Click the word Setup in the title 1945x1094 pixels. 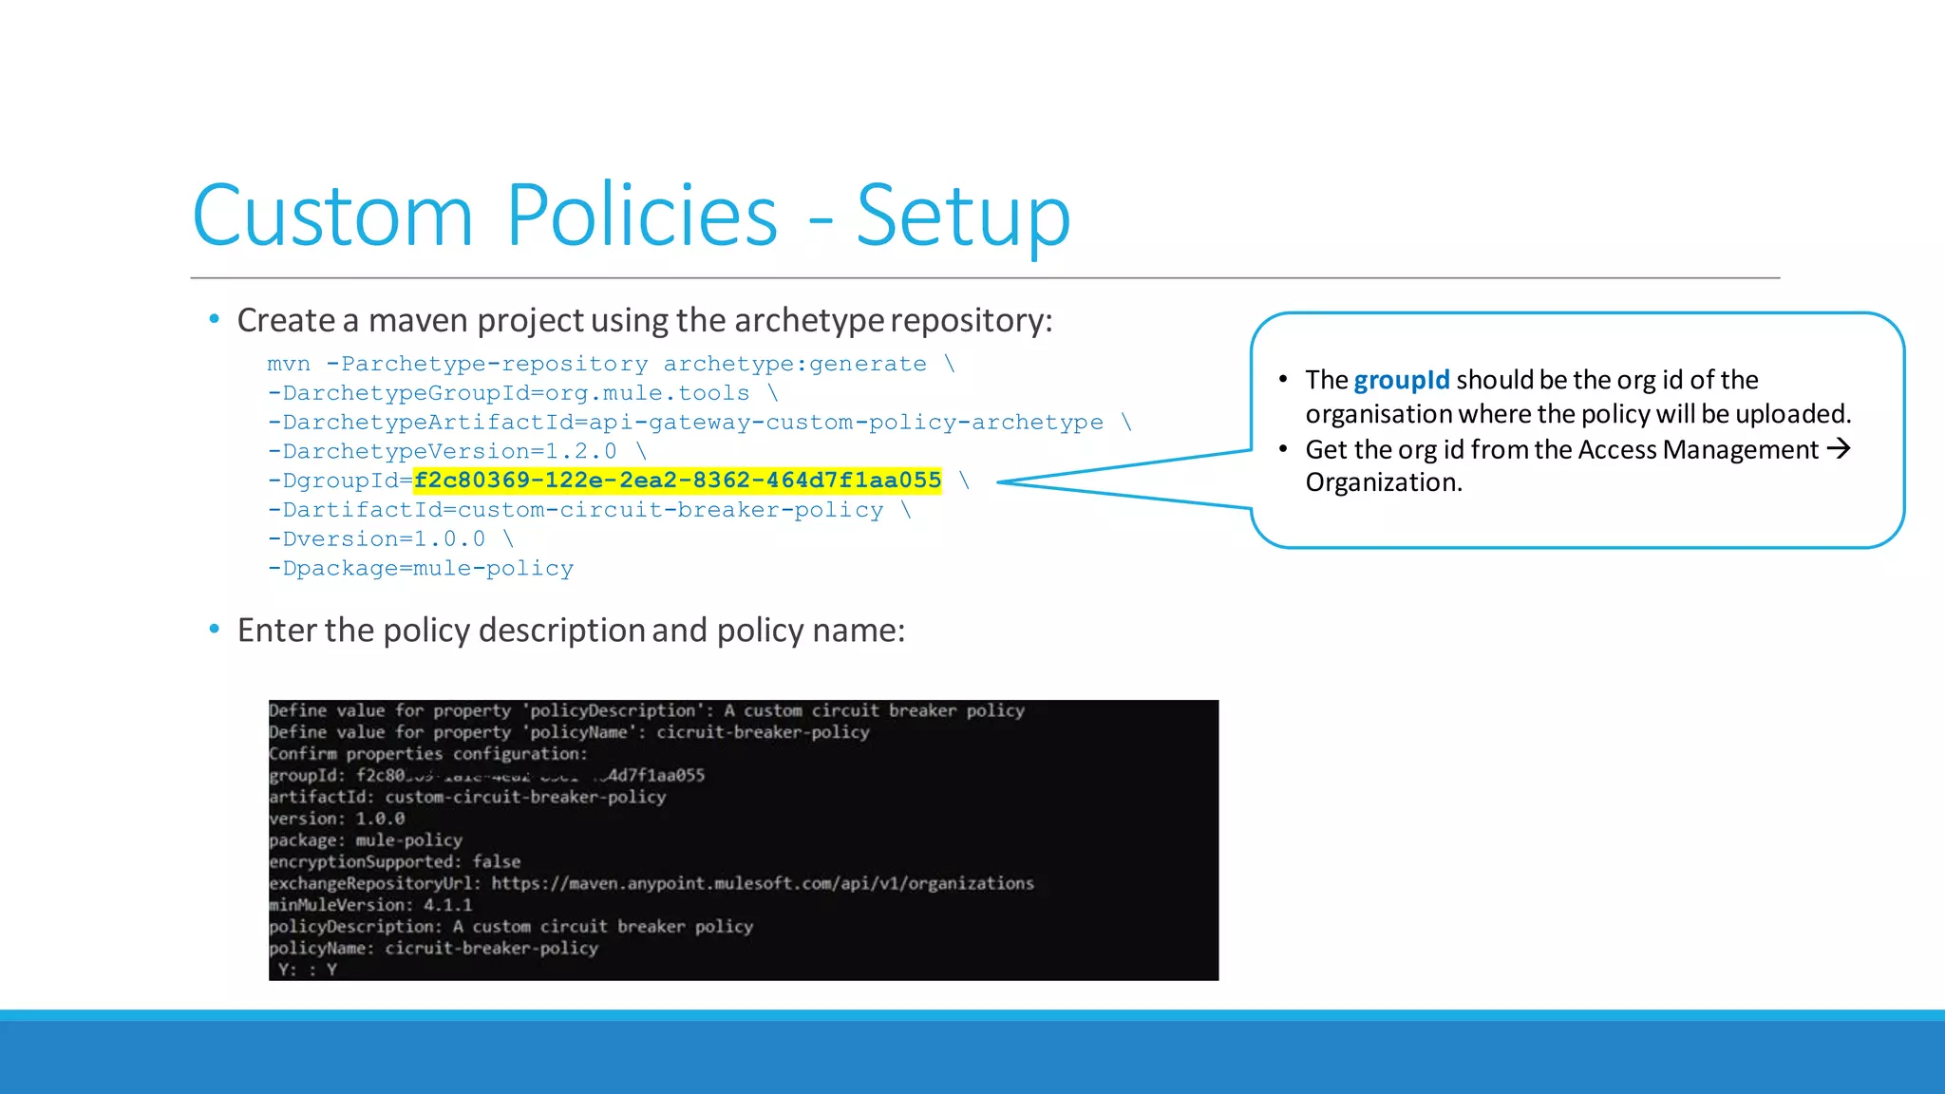click(963, 217)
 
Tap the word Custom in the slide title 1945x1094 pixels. click(332, 217)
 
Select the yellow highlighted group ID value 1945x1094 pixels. click(677, 481)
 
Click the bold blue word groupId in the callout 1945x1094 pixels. click(1401, 380)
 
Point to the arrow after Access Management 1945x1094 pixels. click(1839, 448)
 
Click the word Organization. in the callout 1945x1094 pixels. click(1383, 482)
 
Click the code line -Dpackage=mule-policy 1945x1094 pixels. click(421, 568)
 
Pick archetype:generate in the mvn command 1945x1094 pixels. click(794, 364)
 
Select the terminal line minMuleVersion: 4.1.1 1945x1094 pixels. click(370, 905)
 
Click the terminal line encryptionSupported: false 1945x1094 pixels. click(394, 861)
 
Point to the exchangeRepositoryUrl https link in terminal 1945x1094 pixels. click(762, 883)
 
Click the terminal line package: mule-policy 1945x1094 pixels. click(366, 840)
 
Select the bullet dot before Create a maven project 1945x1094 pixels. click(215, 319)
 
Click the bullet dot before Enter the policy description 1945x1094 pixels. click(215, 629)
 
